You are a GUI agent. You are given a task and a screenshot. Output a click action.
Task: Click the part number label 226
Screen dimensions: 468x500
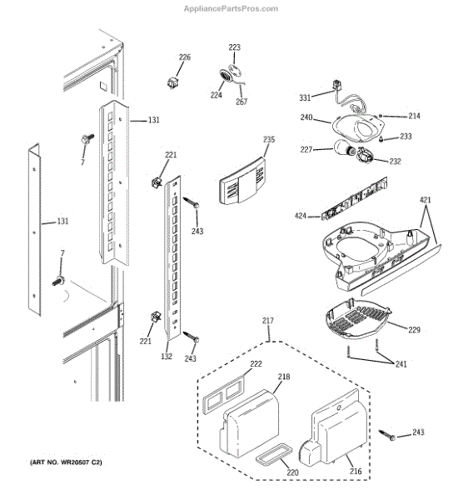pyautogui.click(x=185, y=57)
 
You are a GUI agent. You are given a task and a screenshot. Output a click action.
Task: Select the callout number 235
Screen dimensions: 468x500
pyautogui.click(x=269, y=139)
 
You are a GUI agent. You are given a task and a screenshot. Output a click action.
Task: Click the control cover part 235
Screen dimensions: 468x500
pyautogui.click(x=241, y=182)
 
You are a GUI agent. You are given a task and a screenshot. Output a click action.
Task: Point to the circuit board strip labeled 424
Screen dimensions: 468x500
pyautogui.click(x=354, y=198)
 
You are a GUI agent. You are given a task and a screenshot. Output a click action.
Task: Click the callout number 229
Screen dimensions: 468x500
pyautogui.click(x=414, y=329)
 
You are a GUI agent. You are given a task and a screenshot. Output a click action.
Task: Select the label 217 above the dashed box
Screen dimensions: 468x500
pyautogui.click(x=268, y=321)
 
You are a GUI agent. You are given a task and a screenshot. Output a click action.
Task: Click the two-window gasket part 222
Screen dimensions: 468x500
pyautogui.click(x=223, y=394)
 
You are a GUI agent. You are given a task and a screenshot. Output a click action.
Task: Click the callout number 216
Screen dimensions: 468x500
pyautogui.click(x=356, y=471)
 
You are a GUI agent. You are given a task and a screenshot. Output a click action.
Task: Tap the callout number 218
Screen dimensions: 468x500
pyautogui.click(x=284, y=377)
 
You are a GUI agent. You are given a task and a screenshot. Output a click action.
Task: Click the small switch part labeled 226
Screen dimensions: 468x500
pyautogui.click(x=172, y=82)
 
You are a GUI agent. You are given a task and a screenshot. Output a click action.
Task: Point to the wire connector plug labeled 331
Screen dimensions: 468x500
pyautogui.click(x=336, y=86)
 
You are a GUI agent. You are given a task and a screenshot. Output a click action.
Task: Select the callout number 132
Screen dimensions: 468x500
pyautogui.click(x=167, y=356)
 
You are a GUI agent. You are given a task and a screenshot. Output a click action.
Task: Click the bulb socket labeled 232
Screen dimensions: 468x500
pyautogui.click(x=365, y=155)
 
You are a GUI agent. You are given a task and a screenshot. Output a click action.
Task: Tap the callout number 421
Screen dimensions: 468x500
pyautogui.click(x=426, y=200)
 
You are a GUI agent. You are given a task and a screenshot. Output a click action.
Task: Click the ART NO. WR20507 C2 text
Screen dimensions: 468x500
pyautogui.click(x=66, y=462)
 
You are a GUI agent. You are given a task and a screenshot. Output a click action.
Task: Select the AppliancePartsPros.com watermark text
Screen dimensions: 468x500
pyautogui.click(x=231, y=8)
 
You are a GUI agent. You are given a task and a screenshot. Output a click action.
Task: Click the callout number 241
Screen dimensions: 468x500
pyautogui.click(x=401, y=364)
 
